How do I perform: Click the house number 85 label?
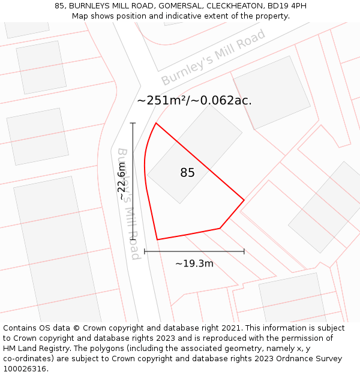click(187, 173)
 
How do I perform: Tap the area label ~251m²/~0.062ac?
click(194, 101)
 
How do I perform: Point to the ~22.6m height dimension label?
click(122, 184)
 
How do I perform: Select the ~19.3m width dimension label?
click(194, 263)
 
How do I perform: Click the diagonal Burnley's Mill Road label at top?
click(213, 58)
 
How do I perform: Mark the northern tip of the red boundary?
click(156, 123)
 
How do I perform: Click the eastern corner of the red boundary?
click(244, 200)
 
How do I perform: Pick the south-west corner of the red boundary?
click(157, 240)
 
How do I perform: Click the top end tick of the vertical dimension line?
click(133, 123)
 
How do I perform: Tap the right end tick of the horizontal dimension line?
click(244, 251)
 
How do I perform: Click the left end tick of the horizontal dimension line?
click(145, 251)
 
